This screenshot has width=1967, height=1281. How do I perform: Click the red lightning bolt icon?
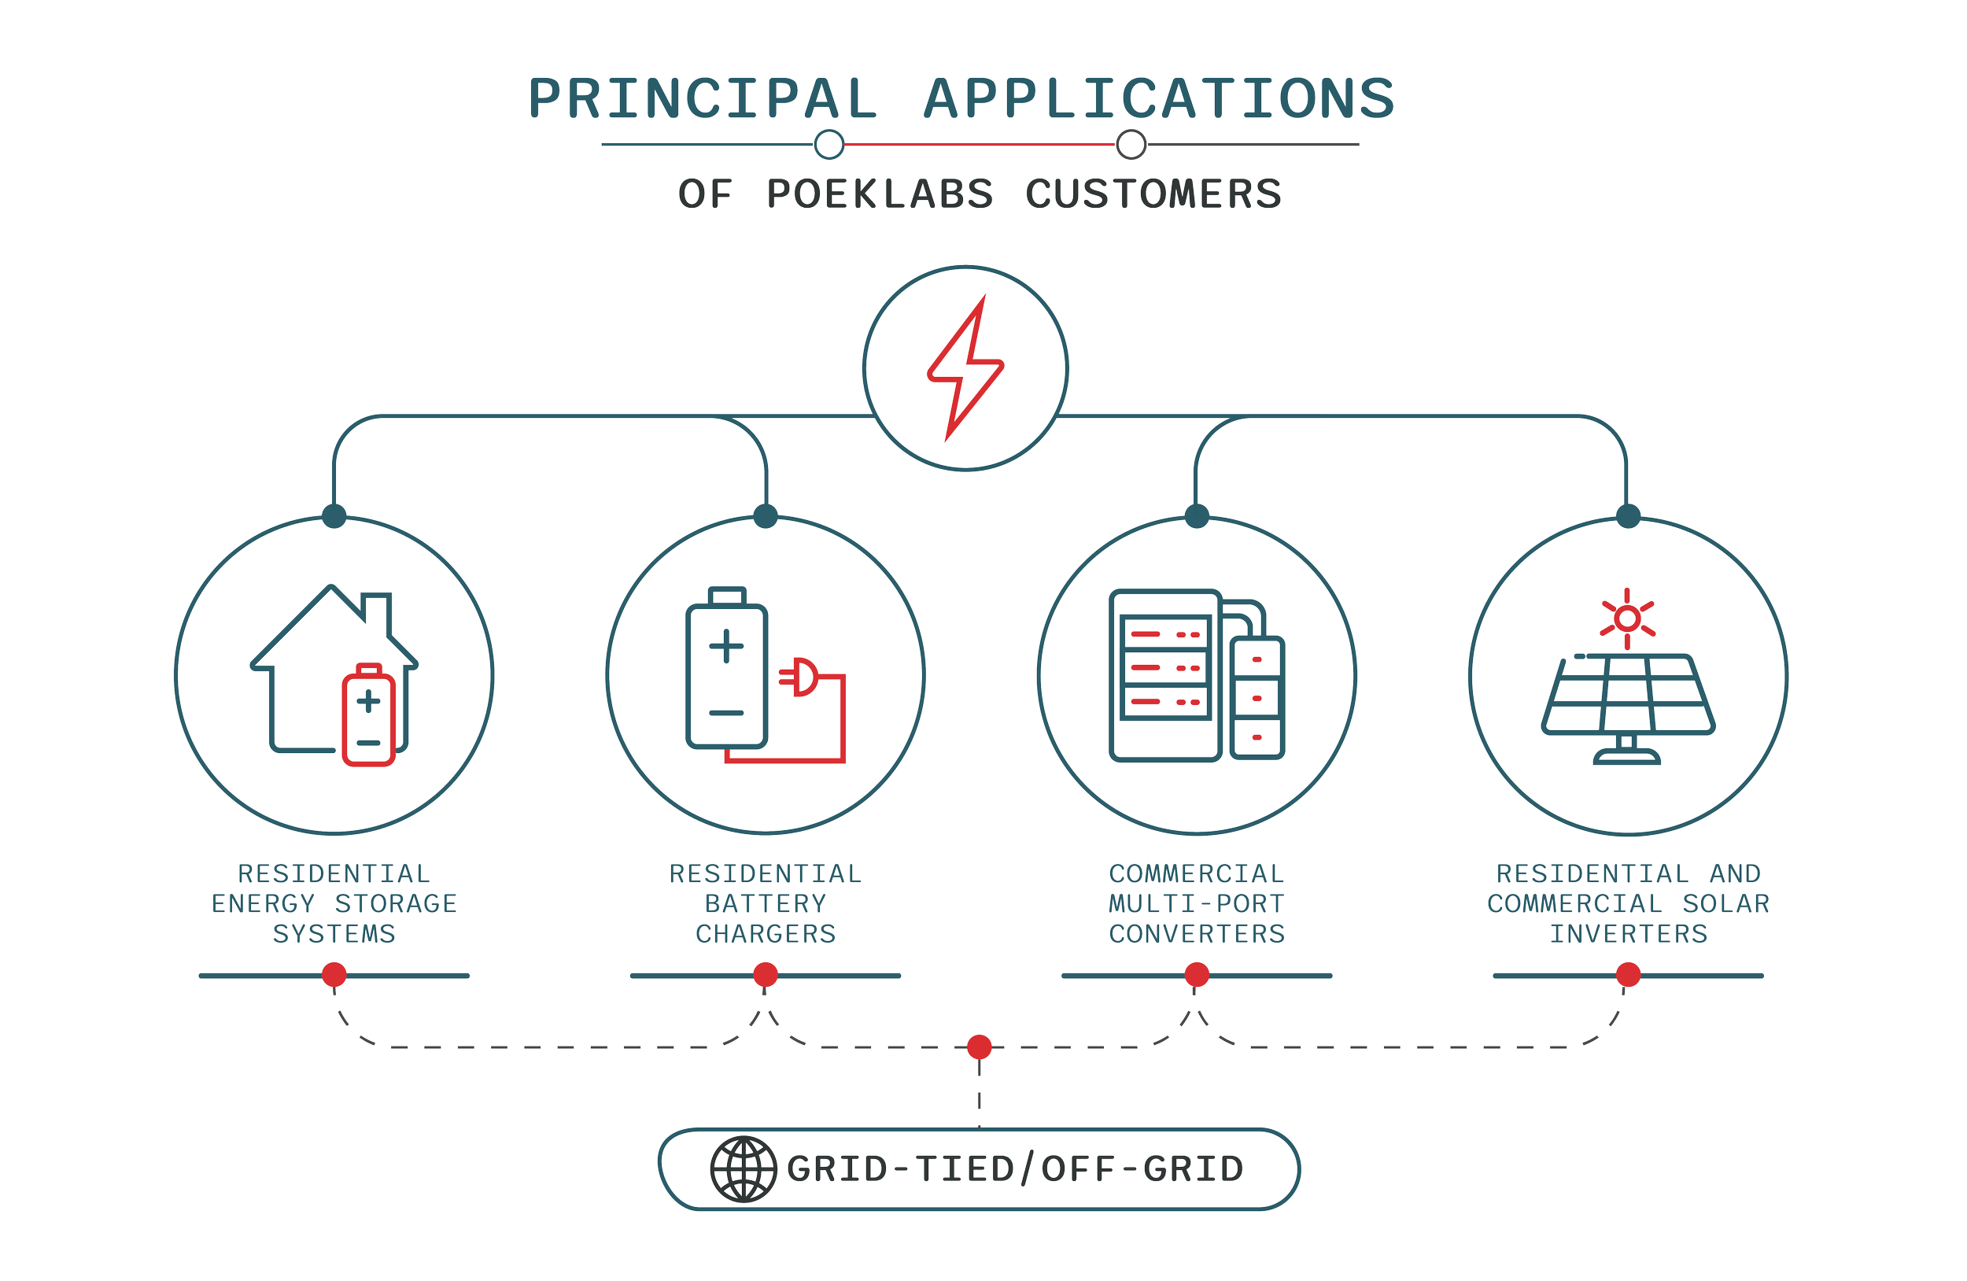pyautogui.click(x=965, y=367)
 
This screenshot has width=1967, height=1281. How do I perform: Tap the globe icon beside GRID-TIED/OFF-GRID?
pyautogui.click(x=743, y=1169)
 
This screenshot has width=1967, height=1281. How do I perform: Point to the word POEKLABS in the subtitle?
pyautogui.click(x=880, y=194)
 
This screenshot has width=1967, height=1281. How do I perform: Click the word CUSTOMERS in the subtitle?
pyautogui.click(x=1153, y=194)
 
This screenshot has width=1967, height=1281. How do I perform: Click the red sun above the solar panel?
pyautogui.click(x=1627, y=618)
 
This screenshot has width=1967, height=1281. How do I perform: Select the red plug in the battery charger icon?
pyautogui.click(x=799, y=677)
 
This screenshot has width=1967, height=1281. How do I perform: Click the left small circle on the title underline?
pyautogui.click(x=829, y=144)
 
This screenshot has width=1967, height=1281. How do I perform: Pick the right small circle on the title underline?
pyautogui.click(x=1131, y=144)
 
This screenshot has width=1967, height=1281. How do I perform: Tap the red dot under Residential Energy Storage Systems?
pyautogui.click(x=334, y=974)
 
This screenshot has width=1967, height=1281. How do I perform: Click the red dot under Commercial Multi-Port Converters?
pyautogui.click(x=1197, y=974)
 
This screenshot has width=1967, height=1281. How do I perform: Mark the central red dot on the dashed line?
pyautogui.click(x=980, y=1047)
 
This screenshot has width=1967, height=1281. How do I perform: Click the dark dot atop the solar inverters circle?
pyautogui.click(x=1628, y=515)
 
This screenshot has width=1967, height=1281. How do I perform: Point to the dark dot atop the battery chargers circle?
pyautogui.click(x=766, y=515)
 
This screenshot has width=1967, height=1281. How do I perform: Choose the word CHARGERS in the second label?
pyautogui.click(x=766, y=934)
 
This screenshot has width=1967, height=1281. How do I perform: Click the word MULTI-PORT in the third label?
pyautogui.click(x=1197, y=903)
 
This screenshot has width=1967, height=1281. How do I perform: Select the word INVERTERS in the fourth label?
pyautogui.click(x=1628, y=934)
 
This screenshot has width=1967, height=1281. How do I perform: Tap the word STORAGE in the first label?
pyautogui.click(x=396, y=903)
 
